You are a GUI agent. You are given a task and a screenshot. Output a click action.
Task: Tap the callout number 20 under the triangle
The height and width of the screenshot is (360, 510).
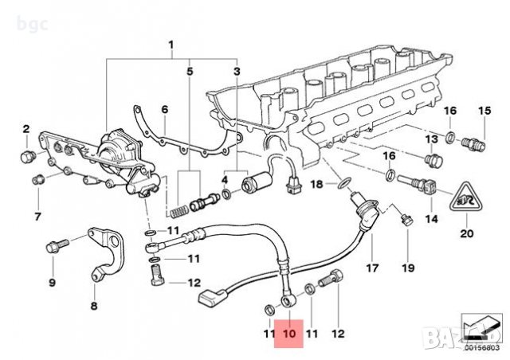point(467,234)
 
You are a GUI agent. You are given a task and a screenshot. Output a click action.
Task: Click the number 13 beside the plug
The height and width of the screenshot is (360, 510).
point(431,140)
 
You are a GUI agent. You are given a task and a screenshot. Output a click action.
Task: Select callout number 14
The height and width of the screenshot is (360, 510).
point(431,218)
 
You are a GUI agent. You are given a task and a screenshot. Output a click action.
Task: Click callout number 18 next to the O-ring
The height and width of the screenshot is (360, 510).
point(316,184)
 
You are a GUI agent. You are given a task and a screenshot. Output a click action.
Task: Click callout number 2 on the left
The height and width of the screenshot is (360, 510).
point(25,128)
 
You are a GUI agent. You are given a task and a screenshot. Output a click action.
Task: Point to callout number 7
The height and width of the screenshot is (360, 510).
point(37,216)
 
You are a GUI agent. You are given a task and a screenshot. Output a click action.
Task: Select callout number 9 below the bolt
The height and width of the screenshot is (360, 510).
point(52,282)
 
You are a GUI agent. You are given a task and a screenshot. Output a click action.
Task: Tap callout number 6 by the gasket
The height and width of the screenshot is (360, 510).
point(164,109)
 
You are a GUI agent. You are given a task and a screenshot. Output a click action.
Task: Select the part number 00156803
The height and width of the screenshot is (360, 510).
point(481,347)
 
